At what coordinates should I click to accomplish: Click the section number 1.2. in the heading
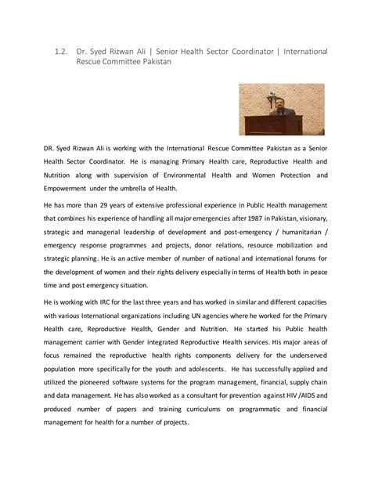pyautogui.click(x=62, y=52)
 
